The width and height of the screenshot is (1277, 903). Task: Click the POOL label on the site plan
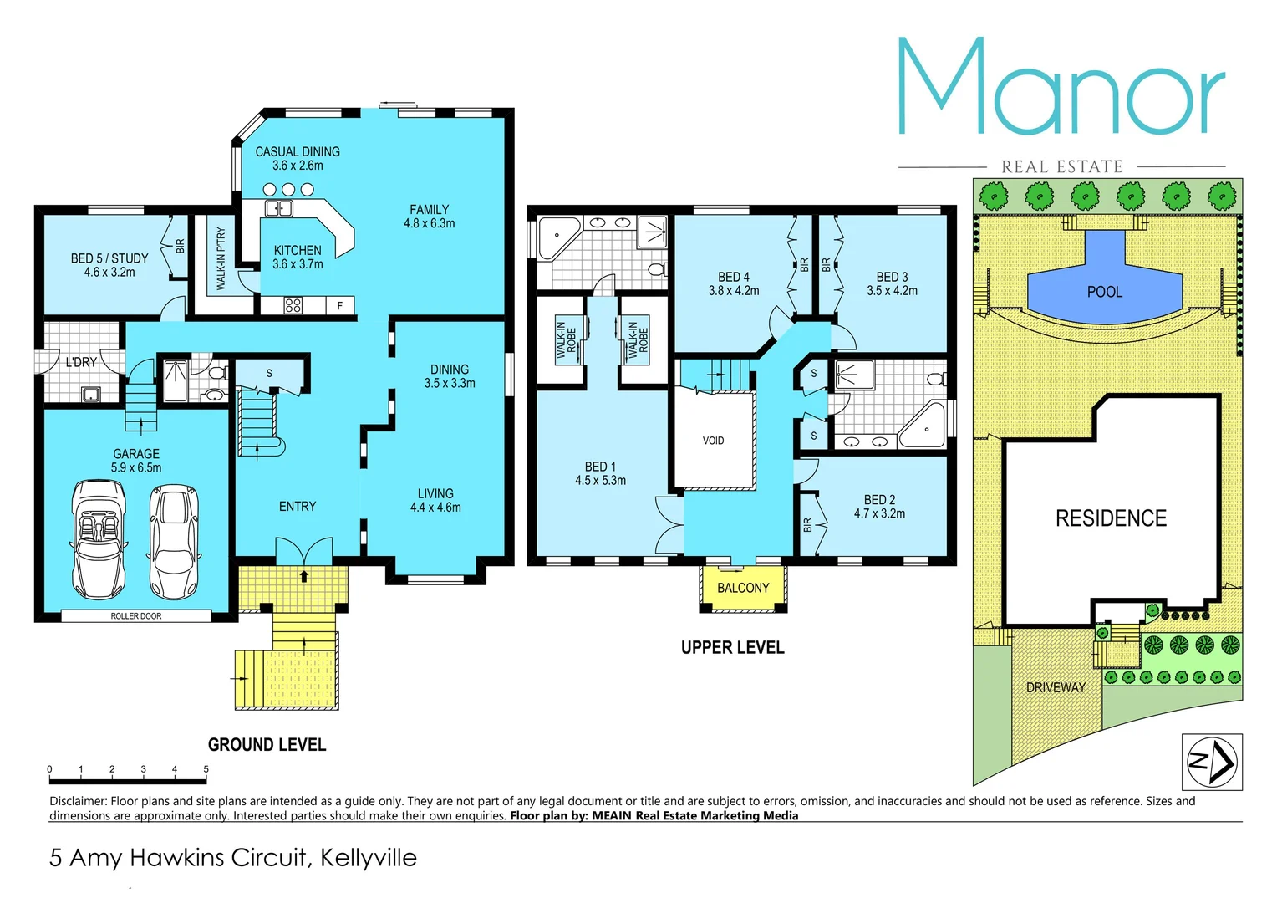pos(1104,292)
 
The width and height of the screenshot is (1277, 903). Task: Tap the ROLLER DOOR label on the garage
pos(136,616)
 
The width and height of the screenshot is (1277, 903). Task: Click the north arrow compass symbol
pos(1211,762)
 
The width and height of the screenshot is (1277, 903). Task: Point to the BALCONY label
pos(742,588)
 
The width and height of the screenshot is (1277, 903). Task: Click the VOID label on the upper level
pos(713,441)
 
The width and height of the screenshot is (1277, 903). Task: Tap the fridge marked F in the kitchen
pos(339,306)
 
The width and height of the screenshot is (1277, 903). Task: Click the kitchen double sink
pos(278,208)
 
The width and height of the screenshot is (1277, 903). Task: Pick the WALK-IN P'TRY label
pos(221,259)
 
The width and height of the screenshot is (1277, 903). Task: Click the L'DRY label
pos(81,362)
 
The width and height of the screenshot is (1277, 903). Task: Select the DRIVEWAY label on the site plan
pos(1056,687)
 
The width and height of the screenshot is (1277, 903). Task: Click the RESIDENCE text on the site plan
pos(1111,518)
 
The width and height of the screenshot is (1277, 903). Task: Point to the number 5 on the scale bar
pos(206,769)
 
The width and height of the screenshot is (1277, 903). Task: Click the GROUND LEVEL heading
pos(267,745)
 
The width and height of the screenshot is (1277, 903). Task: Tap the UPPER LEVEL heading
pos(732,648)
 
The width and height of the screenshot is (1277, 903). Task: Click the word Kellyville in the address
pos(368,858)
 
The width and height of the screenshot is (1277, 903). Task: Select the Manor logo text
pos(1061,88)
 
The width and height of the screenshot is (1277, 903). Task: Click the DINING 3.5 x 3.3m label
pos(450,376)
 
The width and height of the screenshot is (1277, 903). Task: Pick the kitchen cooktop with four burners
pos(293,305)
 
